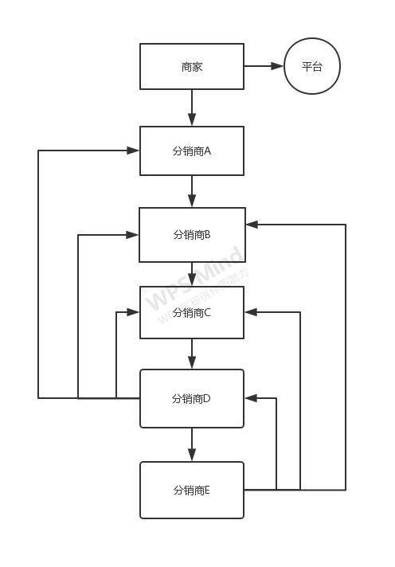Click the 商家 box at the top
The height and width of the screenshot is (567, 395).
click(192, 67)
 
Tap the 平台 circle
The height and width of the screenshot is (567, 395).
click(312, 67)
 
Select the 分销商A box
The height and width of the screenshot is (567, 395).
click(192, 151)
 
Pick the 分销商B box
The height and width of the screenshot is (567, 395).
click(192, 235)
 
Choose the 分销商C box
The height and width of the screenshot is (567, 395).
click(192, 312)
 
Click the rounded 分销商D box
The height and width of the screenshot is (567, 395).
click(192, 398)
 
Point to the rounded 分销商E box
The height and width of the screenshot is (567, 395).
click(192, 490)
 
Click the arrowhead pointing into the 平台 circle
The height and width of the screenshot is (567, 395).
click(277, 66)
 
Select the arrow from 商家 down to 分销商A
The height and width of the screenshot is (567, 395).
click(192, 108)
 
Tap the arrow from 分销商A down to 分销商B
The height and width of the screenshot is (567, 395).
click(192, 191)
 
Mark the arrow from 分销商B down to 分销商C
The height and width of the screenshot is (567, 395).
click(192, 274)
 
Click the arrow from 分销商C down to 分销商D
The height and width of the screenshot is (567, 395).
click(192, 354)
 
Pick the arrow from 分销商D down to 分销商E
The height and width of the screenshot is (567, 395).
click(192, 444)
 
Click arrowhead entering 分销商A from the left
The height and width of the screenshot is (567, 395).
click(133, 150)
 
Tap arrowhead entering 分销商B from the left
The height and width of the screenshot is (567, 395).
click(132, 235)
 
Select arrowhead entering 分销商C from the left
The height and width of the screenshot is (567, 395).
click(134, 312)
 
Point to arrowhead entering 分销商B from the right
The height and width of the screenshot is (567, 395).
click(252, 225)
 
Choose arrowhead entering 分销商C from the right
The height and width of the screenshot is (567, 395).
click(252, 312)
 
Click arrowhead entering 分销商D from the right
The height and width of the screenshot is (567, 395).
click(251, 398)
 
